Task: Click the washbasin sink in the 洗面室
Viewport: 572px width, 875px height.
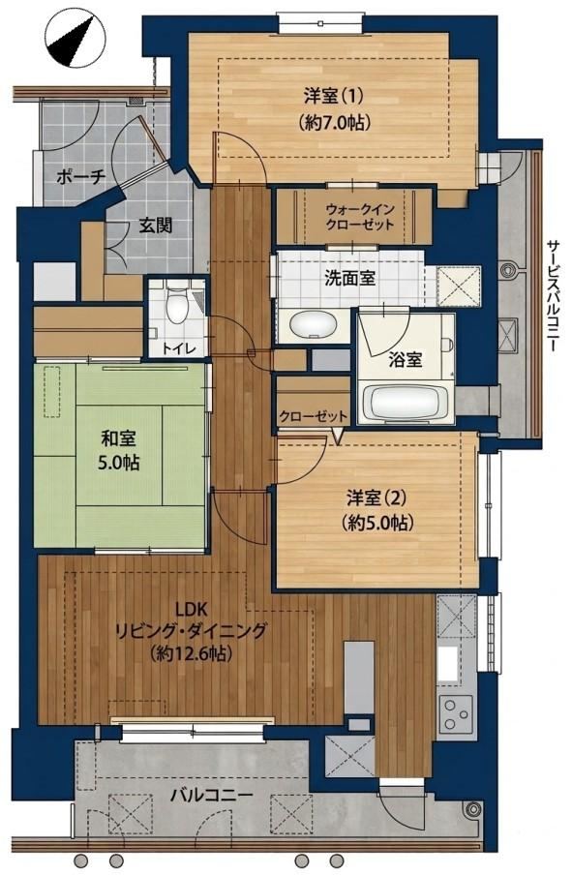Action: pyautogui.click(x=312, y=325)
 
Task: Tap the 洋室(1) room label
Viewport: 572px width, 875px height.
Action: pyautogui.click(x=333, y=96)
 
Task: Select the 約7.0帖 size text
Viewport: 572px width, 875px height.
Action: pyautogui.click(x=334, y=121)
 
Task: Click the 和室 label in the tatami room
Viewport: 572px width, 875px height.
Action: pyautogui.click(x=118, y=438)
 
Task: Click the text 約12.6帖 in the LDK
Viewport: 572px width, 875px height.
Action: pyautogui.click(x=191, y=652)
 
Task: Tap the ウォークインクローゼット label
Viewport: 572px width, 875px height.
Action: pyautogui.click(x=360, y=217)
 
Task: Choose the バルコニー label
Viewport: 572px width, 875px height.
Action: pyautogui.click(x=212, y=795)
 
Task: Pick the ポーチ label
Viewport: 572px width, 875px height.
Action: pyautogui.click(x=81, y=177)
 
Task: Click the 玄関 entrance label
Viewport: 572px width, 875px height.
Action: pyautogui.click(x=155, y=226)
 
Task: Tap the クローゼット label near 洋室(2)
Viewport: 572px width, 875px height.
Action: pyautogui.click(x=313, y=416)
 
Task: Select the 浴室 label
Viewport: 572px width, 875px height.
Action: pyautogui.click(x=406, y=359)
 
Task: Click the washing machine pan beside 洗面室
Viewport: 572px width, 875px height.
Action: pyautogui.click(x=460, y=286)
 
